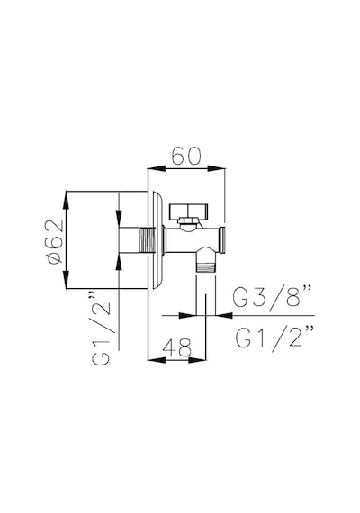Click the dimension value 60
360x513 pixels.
(x=186, y=156)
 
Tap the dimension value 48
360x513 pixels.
(x=176, y=347)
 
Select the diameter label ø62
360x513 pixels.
(x=55, y=241)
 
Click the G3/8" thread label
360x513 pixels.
(x=272, y=296)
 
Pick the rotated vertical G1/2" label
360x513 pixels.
(x=102, y=328)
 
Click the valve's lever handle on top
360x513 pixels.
(x=188, y=211)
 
